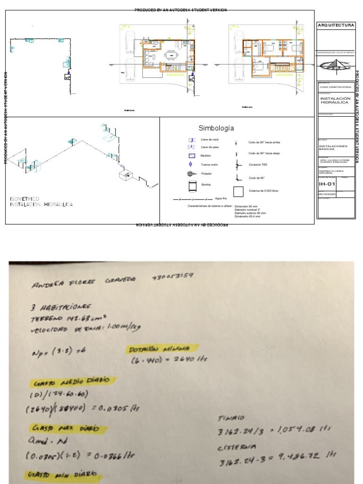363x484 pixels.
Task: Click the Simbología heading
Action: tap(216, 128)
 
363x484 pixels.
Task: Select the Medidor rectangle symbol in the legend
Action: tap(192, 156)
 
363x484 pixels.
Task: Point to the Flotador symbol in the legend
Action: tap(191, 173)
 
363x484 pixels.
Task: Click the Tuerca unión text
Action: tap(209, 164)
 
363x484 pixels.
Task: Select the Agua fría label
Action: tap(222, 199)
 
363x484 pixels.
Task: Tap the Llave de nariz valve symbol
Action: tap(192, 140)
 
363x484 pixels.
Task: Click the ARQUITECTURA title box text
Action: tap(336, 25)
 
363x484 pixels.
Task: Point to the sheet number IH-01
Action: tap(326, 184)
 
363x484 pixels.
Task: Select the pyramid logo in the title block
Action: tap(336, 65)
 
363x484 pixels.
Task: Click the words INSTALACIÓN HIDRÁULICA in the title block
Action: tap(335, 100)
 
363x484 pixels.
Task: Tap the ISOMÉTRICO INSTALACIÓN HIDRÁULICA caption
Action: tap(42, 202)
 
